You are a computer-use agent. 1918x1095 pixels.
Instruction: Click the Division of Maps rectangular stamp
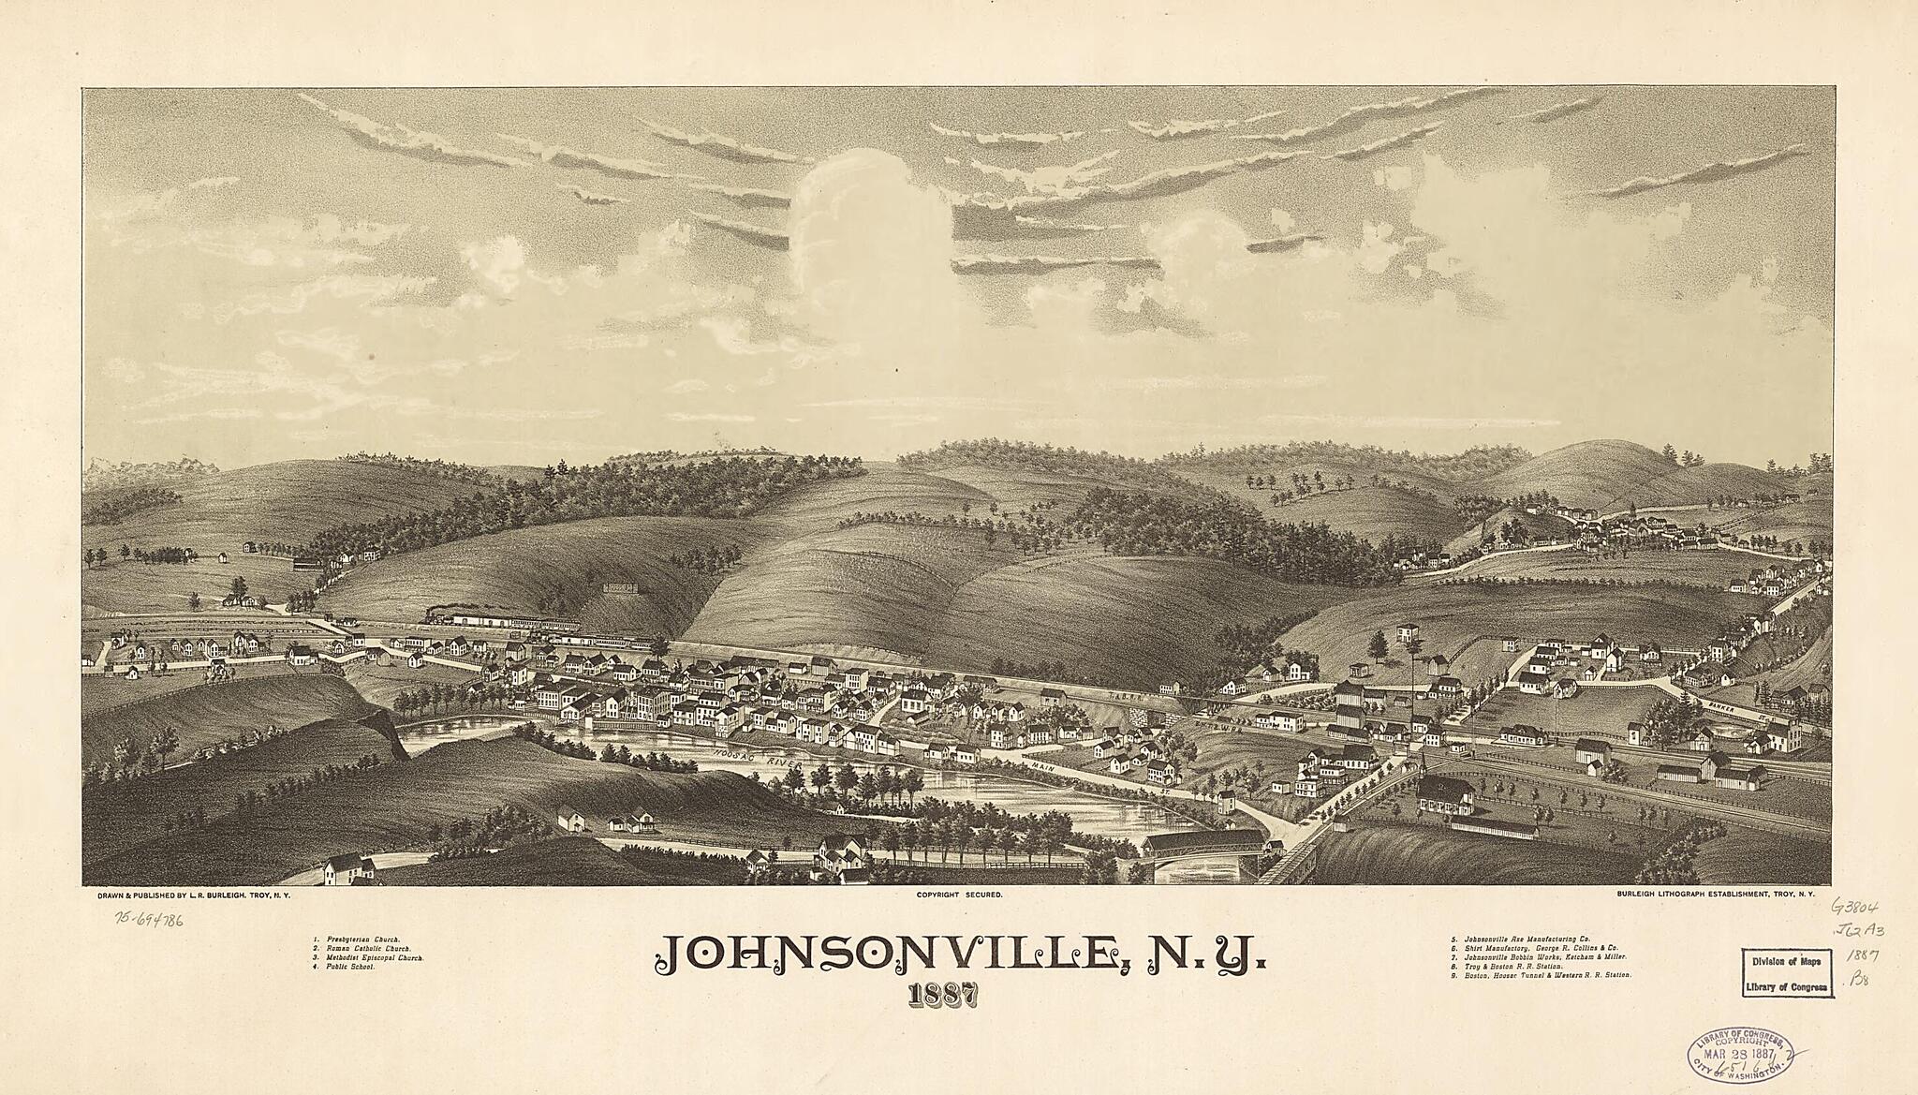click(x=1785, y=974)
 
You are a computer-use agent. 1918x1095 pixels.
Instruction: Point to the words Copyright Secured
click(x=959, y=895)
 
